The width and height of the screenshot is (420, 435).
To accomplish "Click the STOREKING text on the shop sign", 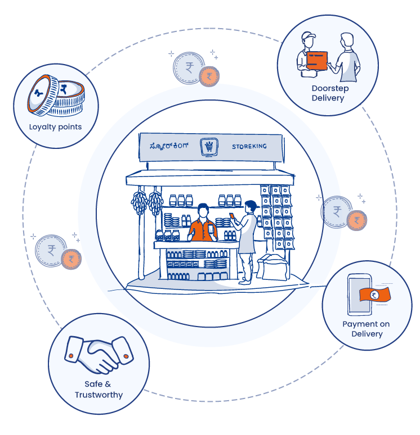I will click(249, 147).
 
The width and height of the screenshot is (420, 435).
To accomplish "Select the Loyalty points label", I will click(55, 127).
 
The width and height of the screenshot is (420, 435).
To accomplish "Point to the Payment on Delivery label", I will click(367, 329).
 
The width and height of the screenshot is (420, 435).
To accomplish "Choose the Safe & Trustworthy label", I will click(99, 389).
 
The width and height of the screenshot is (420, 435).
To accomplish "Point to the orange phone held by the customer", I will click(232, 215).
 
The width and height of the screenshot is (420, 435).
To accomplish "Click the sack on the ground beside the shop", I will click(274, 266).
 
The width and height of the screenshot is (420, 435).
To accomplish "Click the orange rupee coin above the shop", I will click(209, 76).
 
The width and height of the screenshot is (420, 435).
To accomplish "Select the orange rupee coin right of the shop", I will click(356, 220).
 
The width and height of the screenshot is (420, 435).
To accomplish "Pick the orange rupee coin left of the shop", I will click(71, 259).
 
